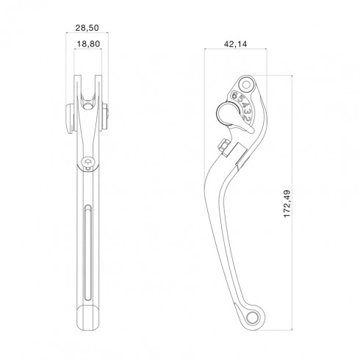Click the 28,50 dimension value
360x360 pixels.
[x=87, y=28]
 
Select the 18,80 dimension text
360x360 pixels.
[x=88, y=44]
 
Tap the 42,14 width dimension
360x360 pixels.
[x=235, y=44]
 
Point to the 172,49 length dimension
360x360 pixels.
[x=287, y=204]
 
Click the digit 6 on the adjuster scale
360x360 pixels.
[x=235, y=95]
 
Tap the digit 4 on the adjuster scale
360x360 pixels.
[x=245, y=106]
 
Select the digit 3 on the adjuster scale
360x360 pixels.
[x=247, y=112]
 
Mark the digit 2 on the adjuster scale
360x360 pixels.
[x=247, y=119]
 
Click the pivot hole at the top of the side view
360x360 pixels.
[x=246, y=85]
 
